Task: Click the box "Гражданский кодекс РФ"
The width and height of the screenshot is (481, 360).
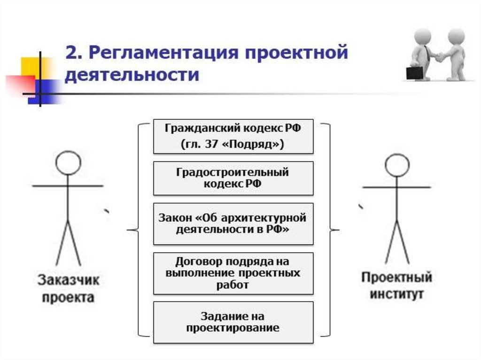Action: [x=233, y=136]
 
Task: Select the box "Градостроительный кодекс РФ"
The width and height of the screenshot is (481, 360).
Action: [x=233, y=178]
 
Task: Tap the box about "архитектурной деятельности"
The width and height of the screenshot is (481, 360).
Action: [x=233, y=224]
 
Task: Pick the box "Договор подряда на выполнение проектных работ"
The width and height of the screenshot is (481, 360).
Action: [x=233, y=273]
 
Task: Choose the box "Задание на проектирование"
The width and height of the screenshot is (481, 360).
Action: [x=233, y=322]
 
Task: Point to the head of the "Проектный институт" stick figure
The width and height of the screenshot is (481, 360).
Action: [x=397, y=165]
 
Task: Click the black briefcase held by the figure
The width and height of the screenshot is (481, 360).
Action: [x=414, y=73]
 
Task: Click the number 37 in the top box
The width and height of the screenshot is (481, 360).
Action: [x=209, y=145]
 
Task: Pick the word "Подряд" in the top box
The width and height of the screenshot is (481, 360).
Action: [x=251, y=145]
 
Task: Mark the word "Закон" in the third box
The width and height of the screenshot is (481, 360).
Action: [x=176, y=218]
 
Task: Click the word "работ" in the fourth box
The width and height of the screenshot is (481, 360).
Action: [x=233, y=284]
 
